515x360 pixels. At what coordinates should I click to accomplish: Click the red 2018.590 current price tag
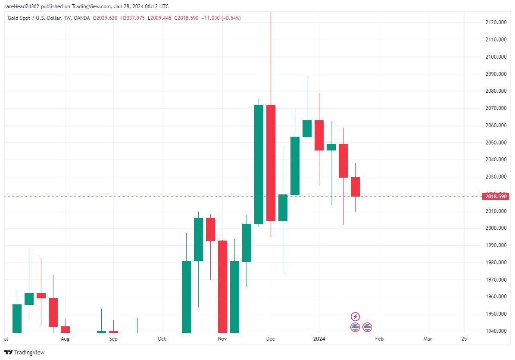496,196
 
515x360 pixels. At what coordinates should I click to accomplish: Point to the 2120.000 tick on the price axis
496,22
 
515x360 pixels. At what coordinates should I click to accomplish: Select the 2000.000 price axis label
496,228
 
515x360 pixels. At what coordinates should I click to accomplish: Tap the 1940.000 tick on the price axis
496,331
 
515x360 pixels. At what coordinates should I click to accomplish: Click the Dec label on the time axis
270,339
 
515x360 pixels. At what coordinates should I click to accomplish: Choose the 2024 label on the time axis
319,339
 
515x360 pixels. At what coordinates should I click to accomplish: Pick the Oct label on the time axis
162,339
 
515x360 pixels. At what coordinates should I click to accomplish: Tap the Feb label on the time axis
379,339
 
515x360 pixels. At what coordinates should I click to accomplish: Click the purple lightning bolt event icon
355,316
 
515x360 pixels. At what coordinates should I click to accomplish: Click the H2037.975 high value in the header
132,18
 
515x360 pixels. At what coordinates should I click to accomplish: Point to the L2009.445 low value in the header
159,18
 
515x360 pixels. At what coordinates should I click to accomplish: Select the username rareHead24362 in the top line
24,6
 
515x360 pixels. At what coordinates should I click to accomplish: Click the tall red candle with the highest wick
271,163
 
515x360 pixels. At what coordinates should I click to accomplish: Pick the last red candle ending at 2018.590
355,187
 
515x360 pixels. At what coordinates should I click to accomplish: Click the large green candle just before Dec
259,164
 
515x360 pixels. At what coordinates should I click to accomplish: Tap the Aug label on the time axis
65,339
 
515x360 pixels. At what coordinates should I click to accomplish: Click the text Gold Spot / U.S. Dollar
34,18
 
